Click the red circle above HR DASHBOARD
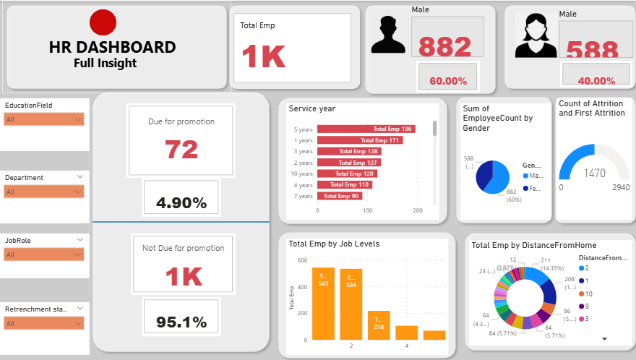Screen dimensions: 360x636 point(103,22)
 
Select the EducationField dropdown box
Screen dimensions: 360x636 point(44,119)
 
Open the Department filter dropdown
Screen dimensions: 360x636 point(44,192)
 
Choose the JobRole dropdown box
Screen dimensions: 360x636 point(44,254)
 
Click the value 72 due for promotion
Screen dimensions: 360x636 point(181,150)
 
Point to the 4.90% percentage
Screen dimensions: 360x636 point(181,203)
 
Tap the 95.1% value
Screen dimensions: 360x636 point(181,322)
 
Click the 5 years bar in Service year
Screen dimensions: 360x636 point(366,129)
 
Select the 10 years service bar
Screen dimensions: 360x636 point(346,173)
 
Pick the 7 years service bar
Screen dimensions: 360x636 point(339,196)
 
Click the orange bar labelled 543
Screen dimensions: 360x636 point(323,304)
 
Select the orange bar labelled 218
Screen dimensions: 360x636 point(379,325)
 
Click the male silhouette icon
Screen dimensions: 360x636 point(388,35)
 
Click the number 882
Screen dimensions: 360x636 point(444,47)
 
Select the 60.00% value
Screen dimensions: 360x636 point(448,81)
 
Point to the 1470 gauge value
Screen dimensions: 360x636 point(595,173)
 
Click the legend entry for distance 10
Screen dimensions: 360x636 point(584,293)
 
